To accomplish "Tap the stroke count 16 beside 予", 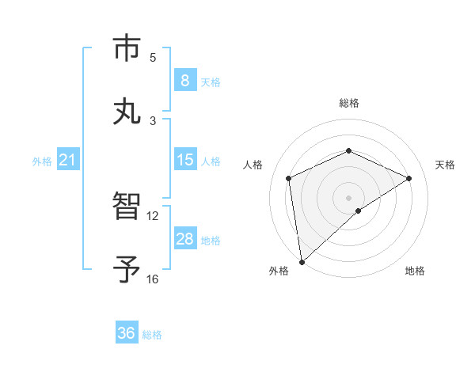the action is click(152, 279).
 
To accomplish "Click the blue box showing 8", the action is click(184, 80).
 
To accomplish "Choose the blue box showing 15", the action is click(184, 160).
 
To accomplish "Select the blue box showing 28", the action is click(184, 239).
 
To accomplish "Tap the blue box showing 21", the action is click(67, 160).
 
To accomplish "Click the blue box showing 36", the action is click(126, 333).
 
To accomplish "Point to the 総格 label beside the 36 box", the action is click(152, 335).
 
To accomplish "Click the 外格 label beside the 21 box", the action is click(42, 161).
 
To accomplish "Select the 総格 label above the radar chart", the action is click(348, 103).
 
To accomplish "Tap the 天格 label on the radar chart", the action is click(445, 165).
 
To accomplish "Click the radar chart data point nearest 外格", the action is click(301, 262).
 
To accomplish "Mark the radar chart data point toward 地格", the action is click(359, 211).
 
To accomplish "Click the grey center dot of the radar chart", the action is click(348, 197).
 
